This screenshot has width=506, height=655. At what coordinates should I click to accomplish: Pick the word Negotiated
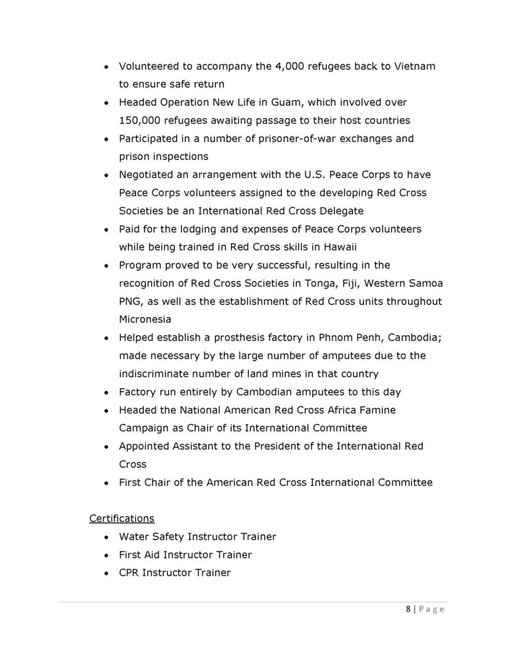[148, 175]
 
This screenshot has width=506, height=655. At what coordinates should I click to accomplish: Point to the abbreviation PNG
[130, 301]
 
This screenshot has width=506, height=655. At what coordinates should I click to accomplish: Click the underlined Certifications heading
[122, 518]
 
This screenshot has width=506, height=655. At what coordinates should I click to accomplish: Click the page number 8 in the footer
[408, 610]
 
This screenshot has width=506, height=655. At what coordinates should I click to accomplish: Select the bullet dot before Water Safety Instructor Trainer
[106, 537]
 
